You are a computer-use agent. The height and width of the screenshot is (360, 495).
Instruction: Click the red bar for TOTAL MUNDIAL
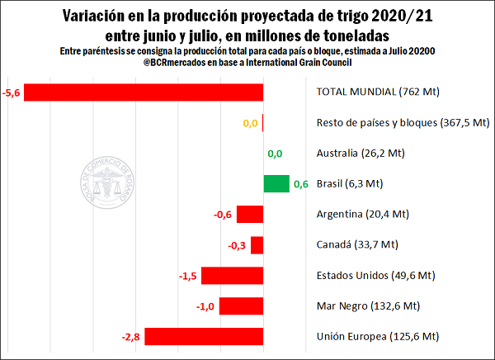pos(144,92)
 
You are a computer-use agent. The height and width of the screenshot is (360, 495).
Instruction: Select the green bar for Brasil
pos(276,184)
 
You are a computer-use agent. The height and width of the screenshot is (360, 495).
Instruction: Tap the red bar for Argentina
pos(250,215)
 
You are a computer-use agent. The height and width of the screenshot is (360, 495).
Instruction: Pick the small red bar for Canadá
pos(257,245)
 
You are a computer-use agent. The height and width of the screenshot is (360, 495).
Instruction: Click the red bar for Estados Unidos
pos(232,276)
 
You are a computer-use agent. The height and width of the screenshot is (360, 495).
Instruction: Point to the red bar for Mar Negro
pos(241,306)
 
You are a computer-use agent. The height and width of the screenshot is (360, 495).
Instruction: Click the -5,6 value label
pos(12,92)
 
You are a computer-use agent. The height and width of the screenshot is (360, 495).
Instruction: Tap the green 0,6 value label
pos(301,184)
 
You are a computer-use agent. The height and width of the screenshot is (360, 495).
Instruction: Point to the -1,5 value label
pos(189,276)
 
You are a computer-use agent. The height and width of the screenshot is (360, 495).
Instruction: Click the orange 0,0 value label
pos(250,123)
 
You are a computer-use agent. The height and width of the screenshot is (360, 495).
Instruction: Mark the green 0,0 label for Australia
pos(276,154)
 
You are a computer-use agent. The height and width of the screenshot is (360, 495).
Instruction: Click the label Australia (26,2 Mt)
pos(362,154)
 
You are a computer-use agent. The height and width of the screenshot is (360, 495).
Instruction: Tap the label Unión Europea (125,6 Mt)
pos(375,337)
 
